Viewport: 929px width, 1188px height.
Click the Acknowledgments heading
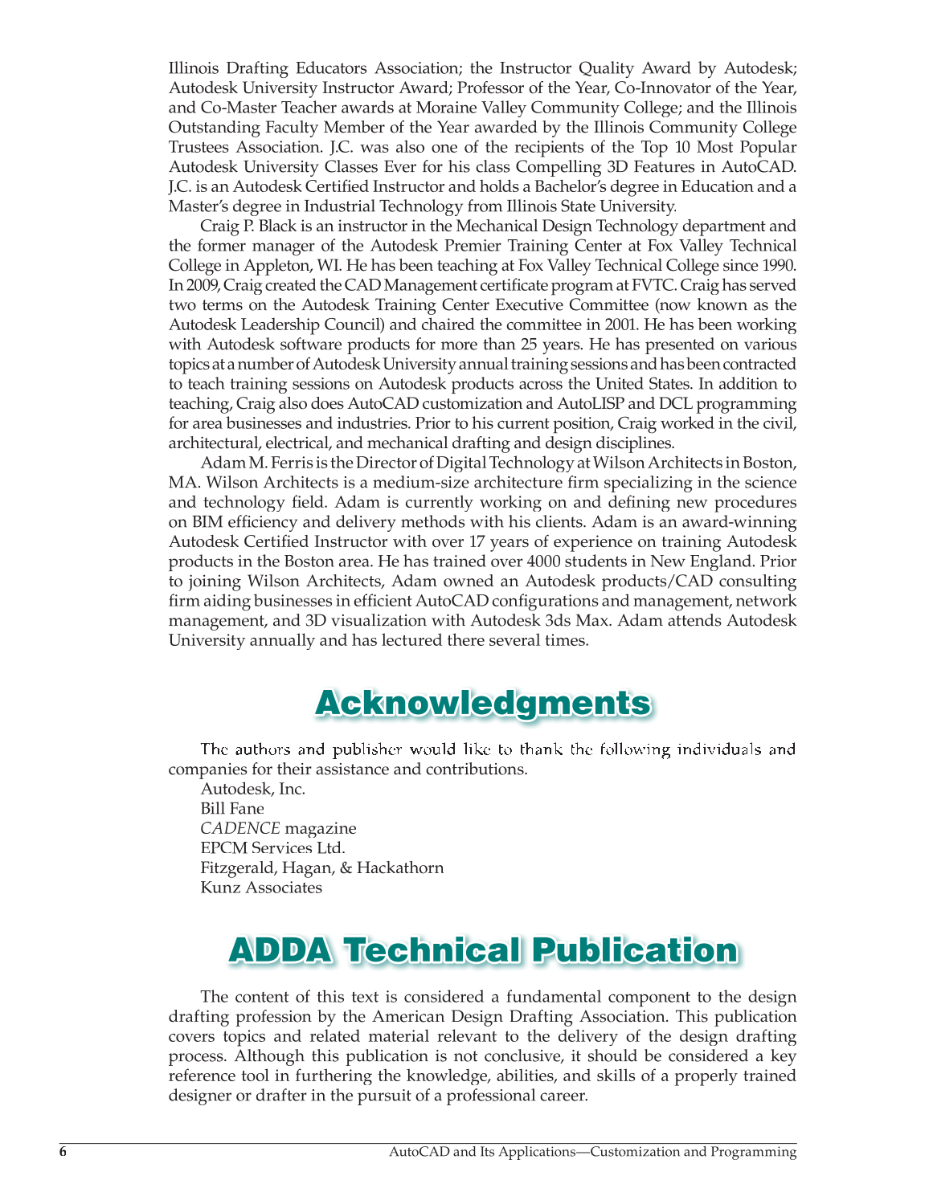click(482, 703)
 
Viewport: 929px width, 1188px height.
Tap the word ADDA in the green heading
click(279, 950)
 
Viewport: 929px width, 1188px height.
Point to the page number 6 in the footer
click(63, 1152)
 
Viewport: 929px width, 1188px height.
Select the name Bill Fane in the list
click(232, 809)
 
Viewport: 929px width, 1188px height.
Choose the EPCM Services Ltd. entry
click(272, 848)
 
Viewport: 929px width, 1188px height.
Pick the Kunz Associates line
click(261, 888)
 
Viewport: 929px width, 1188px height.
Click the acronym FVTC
click(652, 286)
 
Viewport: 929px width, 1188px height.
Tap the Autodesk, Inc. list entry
click(253, 789)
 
